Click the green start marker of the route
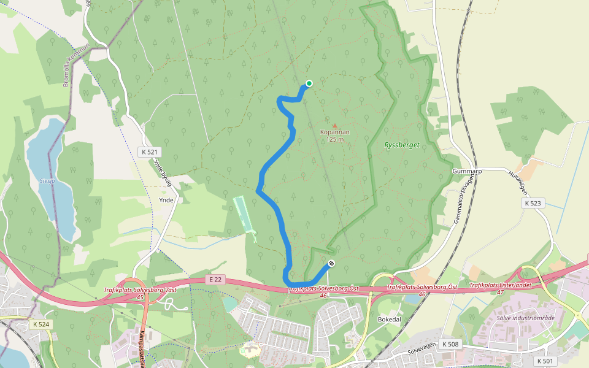point(309,83)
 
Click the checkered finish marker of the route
point(332,264)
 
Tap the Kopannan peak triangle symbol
point(335,125)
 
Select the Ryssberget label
point(401,145)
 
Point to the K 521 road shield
point(150,151)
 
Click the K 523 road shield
point(534,202)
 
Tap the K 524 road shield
point(41,324)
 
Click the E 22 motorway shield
point(215,280)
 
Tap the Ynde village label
point(166,200)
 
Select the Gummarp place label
point(467,171)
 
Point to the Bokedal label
point(390,320)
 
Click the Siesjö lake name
point(47,181)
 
